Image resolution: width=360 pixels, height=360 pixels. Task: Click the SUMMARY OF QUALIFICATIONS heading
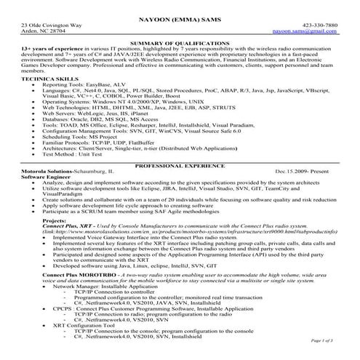click(x=180, y=45)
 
